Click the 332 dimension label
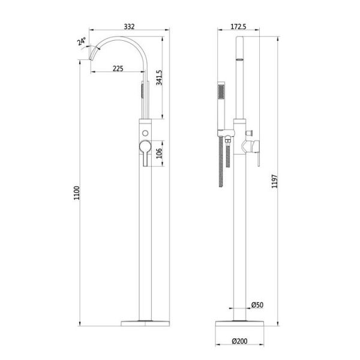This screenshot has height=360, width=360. pyautogui.click(x=129, y=26)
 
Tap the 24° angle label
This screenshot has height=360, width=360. pyautogui.click(x=82, y=41)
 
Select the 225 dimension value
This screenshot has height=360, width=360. pyautogui.click(x=118, y=68)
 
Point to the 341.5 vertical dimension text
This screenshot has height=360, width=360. pyautogui.click(x=159, y=77)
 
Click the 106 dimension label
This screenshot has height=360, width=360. pyautogui.click(x=159, y=153)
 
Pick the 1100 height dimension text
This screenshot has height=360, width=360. pyautogui.click(x=77, y=193)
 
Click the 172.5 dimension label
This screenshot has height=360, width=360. pyautogui.click(x=238, y=26)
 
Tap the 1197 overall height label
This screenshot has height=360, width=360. pyautogui.click(x=275, y=181)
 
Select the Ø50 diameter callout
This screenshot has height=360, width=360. pyautogui.click(x=257, y=305)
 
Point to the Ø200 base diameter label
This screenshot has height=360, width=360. pyautogui.click(x=239, y=341)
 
